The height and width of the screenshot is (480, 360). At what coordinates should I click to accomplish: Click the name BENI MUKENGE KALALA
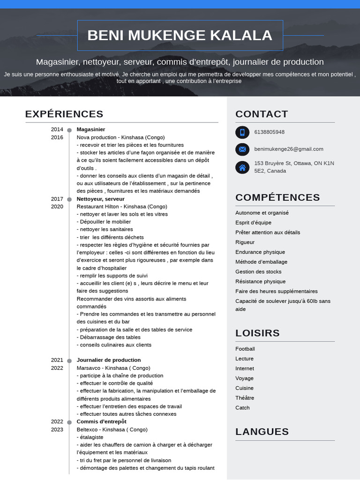(180, 35)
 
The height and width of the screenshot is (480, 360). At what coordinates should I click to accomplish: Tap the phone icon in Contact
(242, 132)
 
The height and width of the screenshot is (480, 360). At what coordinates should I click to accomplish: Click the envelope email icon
(242, 150)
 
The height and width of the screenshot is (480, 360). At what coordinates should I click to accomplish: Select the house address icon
(242, 167)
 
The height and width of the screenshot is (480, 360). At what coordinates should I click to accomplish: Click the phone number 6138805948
(269, 132)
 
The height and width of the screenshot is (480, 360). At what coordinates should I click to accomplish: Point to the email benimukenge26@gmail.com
(288, 149)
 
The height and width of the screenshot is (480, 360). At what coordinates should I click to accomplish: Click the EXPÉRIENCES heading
(64, 114)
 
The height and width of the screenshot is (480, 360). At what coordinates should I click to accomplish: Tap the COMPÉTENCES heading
(277, 197)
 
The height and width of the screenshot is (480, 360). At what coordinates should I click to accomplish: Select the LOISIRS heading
(257, 333)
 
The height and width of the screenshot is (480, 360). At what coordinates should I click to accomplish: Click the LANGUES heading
(262, 432)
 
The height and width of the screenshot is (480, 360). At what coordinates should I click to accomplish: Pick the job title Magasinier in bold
(91, 129)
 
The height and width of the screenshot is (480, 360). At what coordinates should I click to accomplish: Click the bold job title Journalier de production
(109, 360)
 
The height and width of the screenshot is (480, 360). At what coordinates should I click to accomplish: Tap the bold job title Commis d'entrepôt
(101, 421)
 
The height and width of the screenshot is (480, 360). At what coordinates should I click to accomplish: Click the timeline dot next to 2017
(69, 199)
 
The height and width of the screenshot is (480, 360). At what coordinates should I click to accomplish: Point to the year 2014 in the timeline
(57, 129)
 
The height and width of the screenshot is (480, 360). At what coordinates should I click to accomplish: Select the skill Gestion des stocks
(258, 272)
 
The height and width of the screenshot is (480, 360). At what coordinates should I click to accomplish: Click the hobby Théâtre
(245, 398)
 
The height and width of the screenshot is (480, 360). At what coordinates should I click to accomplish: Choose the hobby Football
(245, 349)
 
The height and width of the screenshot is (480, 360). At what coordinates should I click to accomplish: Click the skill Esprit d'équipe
(253, 223)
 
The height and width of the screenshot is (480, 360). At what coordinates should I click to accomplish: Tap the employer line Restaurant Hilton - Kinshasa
(122, 206)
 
